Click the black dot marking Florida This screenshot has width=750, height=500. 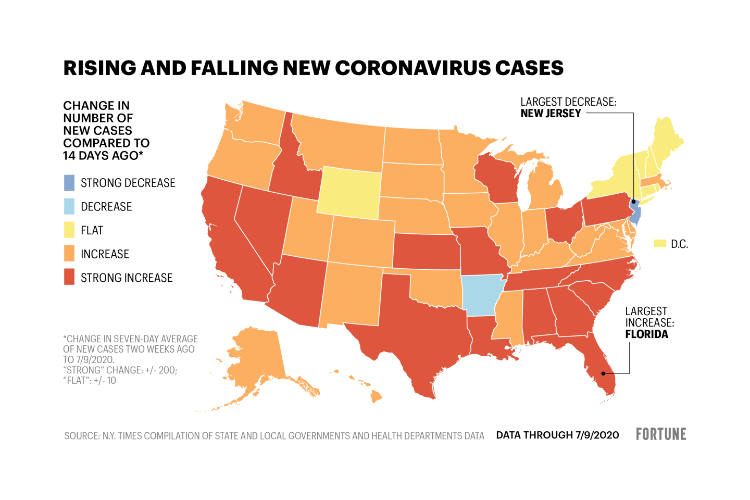[604, 373]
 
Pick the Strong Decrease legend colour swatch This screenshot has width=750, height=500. [69, 183]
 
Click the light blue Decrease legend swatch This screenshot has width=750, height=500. [69, 207]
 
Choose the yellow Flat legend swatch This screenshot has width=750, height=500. [69, 230]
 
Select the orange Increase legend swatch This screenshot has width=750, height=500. [69, 254]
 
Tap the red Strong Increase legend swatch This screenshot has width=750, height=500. [69, 278]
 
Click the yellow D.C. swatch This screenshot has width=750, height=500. [660, 244]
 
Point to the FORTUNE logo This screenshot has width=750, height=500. [661, 434]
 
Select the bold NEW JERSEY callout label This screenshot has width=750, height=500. [551, 114]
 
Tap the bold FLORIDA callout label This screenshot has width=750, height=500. [646, 334]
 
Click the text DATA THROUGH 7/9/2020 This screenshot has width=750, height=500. [557, 435]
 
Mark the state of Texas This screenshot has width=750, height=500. [417, 333]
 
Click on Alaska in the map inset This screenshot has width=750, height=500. [255, 359]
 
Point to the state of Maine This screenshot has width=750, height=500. [667, 138]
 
